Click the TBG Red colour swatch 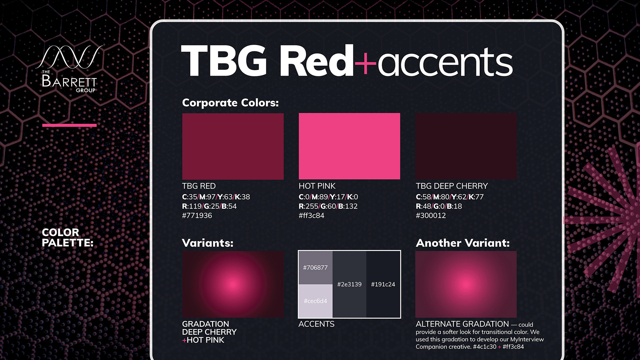coord(233,146)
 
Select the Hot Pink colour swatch coord(349,146)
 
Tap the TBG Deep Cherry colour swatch coord(466,146)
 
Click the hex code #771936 coord(197,216)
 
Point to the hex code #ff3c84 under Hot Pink coord(311,216)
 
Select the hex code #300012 coord(431,216)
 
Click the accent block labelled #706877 coord(315,268)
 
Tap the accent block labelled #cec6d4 coord(315,301)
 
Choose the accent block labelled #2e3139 coord(349,284)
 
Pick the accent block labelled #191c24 coord(383,284)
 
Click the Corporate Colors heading coord(230,103)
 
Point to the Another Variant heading coord(463,243)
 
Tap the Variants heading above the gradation coord(208,243)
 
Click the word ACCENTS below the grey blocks coord(316,324)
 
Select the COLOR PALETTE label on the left coord(68,237)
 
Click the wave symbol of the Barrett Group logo coord(69,57)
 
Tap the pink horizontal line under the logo coord(69,125)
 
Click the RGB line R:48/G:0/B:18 coord(439,206)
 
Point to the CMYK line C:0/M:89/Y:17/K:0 coord(328,197)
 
